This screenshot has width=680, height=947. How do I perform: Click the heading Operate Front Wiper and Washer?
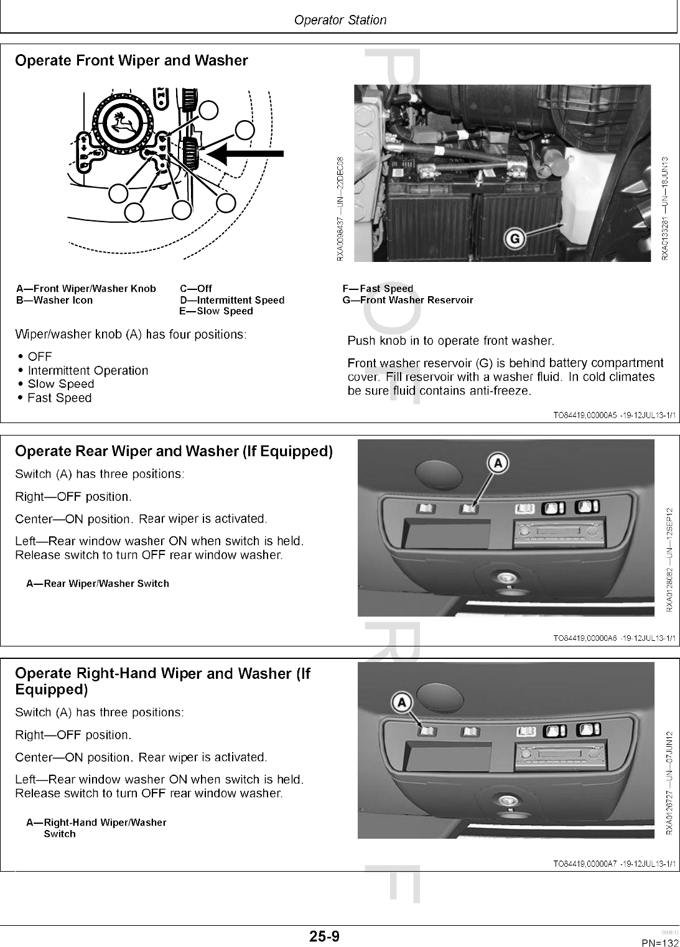pos(131,61)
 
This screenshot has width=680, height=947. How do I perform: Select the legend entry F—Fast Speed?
pos(378,289)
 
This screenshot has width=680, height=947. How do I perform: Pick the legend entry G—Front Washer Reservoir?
pos(408,301)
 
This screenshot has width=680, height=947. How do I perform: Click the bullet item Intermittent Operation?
pos(88,371)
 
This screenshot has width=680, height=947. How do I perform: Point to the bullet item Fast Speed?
pos(60,398)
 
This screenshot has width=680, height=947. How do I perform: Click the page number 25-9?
pos(325,936)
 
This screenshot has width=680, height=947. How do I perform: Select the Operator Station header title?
pos(340,20)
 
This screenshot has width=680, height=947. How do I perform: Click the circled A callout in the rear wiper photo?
pos(498,462)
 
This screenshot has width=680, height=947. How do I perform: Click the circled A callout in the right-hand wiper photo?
pos(402,702)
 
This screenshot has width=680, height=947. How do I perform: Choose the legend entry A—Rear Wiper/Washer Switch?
pos(98,584)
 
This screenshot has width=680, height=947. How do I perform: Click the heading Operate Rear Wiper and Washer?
pos(174,451)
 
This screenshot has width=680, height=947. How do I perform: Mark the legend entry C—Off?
pos(196,289)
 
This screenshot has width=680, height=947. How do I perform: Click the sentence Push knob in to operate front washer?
pos(450,341)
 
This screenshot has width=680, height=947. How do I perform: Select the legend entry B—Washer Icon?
pos(54,301)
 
